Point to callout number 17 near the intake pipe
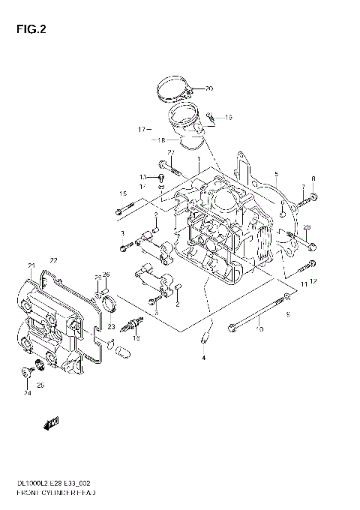140,130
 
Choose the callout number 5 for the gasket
275,174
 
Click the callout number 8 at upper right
313,178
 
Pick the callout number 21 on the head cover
31,266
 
